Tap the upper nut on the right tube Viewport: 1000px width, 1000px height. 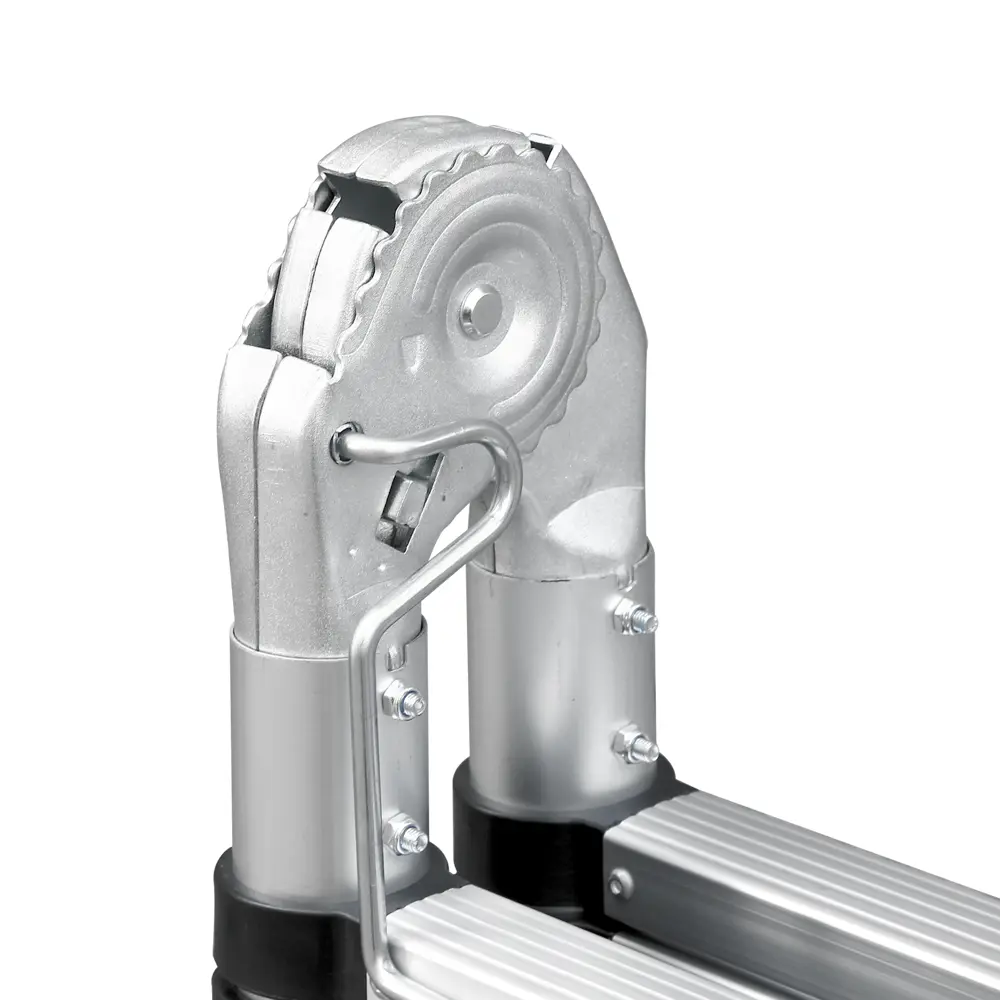(x=636, y=620)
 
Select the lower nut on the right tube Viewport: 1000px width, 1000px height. (x=636, y=745)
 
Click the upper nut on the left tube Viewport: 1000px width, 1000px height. (x=404, y=700)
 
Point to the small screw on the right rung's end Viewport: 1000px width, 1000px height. (x=621, y=884)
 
